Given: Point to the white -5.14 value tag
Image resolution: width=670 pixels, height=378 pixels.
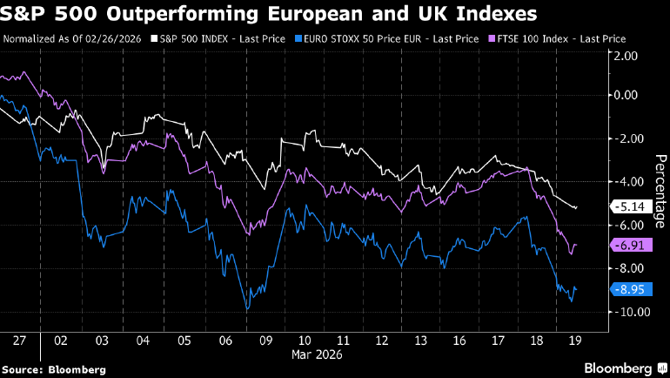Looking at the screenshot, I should (630, 207).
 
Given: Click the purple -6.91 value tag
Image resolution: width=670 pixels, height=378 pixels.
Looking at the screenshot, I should (630, 246).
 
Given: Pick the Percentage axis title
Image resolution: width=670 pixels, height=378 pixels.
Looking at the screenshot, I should (660, 190).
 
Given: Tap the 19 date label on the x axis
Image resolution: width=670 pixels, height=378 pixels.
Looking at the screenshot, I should (574, 340).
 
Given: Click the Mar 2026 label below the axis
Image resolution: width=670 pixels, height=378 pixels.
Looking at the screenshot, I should (317, 354).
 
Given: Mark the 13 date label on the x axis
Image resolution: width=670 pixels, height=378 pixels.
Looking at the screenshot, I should (422, 340).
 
